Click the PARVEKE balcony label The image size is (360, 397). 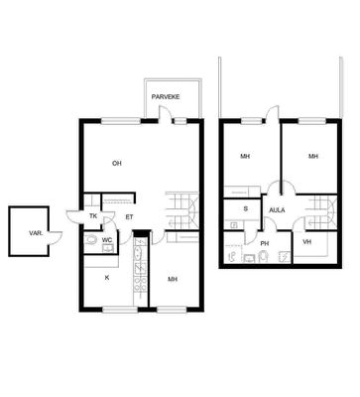pyautogui.click(x=166, y=97)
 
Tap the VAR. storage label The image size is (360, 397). pyautogui.click(x=36, y=233)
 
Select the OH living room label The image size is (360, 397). pyautogui.click(x=117, y=163)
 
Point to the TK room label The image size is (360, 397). pyautogui.click(x=93, y=216)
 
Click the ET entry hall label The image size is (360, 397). pyautogui.click(x=129, y=217)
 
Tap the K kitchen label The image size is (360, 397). pyautogui.click(x=107, y=278)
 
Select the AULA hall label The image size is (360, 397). pyautogui.click(x=277, y=210)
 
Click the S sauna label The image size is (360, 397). pyautogui.click(x=245, y=208)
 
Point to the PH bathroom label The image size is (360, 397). pyautogui.click(x=265, y=243)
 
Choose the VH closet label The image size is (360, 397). pyautogui.click(x=307, y=242)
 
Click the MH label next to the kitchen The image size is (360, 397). pyautogui.click(x=173, y=279)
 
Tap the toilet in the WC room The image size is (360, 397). pyautogui.click(x=90, y=239)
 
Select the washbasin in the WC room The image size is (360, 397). pyautogui.click(x=108, y=248)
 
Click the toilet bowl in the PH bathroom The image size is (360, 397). pyautogui.click(x=263, y=256)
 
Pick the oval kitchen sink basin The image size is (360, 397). pyautogui.click(x=138, y=254)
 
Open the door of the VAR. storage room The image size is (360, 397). pyautogui.click(x=56, y=236)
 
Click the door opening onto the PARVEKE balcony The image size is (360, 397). pyautogui.click(x=165, y=114)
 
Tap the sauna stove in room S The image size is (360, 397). pyautogui.click(x=234, y=225)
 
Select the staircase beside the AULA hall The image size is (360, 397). pyautogui.click(x=320, y=211)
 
